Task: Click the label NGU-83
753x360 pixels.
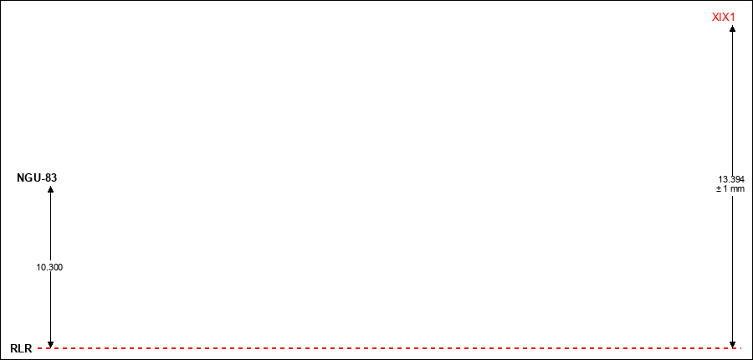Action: pyautogui.click(x=37, y=177)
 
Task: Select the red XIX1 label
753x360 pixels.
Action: pyautogui.click(x=724, y=18)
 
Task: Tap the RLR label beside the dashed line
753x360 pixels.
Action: pyautogui.click(x=21, y=349)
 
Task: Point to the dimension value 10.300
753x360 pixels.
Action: pyautogui.click(x=49, y=268)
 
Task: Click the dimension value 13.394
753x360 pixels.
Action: pyautogui.click(x=731, y=179)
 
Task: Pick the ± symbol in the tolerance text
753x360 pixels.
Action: pyautogui.click(x=719, y=189)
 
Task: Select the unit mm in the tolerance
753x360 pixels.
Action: pyautogui.click(x=738, y=189)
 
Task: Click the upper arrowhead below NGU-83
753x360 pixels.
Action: pyautogui.click(x=50, y=189)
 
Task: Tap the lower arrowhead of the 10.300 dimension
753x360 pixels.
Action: pyautogui.click(x=50, y=344)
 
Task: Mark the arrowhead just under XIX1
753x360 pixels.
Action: pyautogui.click(x=732, y=28)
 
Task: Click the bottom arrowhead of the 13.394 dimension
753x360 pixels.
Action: pyautogui.click(x=732, y=344)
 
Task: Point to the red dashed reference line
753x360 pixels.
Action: pyautogui.click(x=389, y=347)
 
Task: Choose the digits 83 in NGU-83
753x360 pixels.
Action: pyautogui.click(x=51, y=177)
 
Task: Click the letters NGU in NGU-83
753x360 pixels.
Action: pyautogui.click(x=28, y=177)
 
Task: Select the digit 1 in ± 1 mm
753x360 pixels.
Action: pyautogui.click(x=726, y=189)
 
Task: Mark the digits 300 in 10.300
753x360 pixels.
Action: pyautogui.click(x=55, y=268)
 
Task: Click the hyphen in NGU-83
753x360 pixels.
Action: pyautogui.click(x=44, y=179)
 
